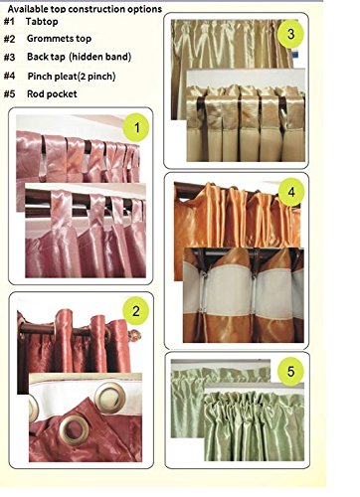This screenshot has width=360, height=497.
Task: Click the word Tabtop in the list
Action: [42, 22]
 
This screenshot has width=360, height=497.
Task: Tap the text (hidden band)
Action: [100, 57]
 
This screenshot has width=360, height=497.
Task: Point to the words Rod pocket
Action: [52, 94]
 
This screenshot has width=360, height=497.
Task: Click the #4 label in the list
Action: [9, 76]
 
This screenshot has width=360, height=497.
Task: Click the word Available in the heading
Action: [27, 9]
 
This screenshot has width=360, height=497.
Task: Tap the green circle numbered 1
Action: [136, 127]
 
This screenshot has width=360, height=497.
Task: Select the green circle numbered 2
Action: [135, 311]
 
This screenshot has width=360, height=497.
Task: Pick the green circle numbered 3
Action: [290, 34]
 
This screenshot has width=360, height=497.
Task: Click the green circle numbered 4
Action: [291, 192]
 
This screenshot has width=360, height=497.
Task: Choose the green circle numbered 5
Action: [290, 372]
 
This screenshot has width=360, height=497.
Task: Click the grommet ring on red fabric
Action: [75, 430]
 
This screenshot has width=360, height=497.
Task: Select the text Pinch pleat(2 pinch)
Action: [72, 77]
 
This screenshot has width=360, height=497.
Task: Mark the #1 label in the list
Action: [9, 22]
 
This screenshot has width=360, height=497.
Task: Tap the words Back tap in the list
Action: [46, 57]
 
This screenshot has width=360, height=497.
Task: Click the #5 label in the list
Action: [9, 94]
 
